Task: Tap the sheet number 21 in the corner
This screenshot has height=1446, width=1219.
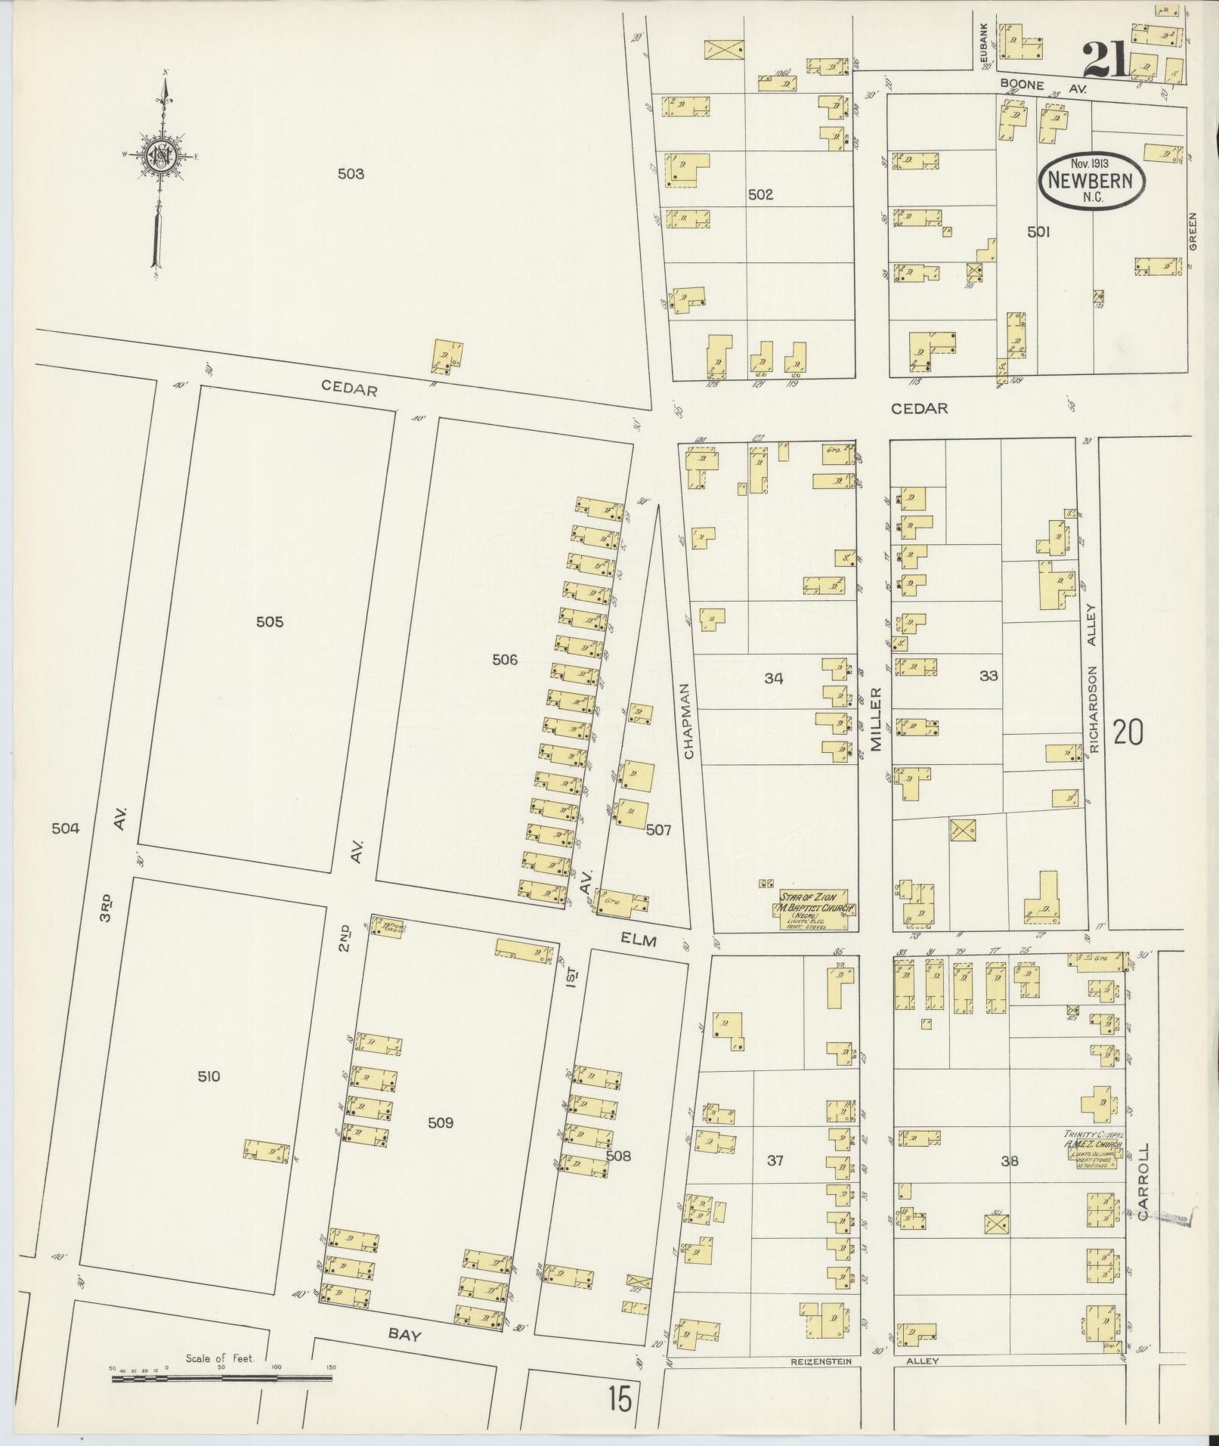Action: [x=1104, y=60]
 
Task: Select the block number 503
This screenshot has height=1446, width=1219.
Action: [x=351, y=174]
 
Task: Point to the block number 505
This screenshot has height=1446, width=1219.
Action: [x=269, y=621]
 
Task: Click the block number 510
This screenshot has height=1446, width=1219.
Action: [x=209, y=1076]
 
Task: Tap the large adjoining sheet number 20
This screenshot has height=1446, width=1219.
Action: [x=1128, y=732]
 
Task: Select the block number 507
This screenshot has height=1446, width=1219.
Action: [x=658, y=830]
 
